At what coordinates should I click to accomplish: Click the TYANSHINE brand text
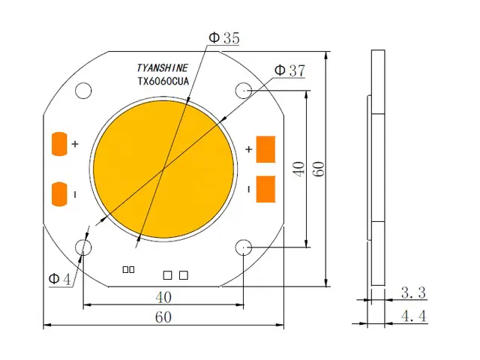pyautogui.click(x=163, y=67)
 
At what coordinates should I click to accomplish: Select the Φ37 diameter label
pyautogui.click(x=289, y=70)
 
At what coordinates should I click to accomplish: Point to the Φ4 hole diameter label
pyautogui.click(x=60, y=279)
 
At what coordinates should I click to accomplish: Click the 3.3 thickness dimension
pyautogui.click(x=413, y=291)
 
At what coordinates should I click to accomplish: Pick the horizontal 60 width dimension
pyautogui.click(x=163, y=317)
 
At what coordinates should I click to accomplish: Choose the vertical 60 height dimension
pyautogui.click(x=319, y=169)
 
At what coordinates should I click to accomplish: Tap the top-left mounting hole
pyautogui.click(x=82, y=90)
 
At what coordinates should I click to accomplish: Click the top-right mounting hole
pyautogui.click(x=244, y=90)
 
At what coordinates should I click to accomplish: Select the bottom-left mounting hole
pyautogui.click(x=82, y=247)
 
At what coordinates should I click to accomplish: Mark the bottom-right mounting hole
pyautogui.click(x=244, y=247)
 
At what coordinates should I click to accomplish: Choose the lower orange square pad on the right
pyautogui.click(x=266, y=188)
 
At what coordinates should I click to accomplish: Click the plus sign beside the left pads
pyautogui.click(x=75, y=143)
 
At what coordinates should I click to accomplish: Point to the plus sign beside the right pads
pyautogui.click(x=248, y=150)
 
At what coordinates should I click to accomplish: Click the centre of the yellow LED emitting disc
pyautogui.click(x=163, y=169)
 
